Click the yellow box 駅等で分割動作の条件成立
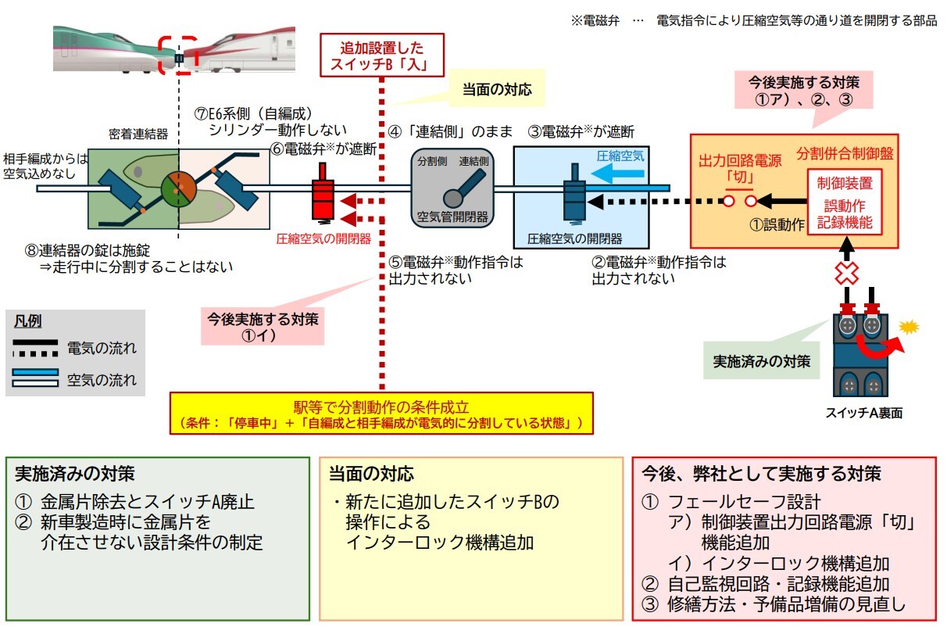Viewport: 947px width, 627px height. pos(381,414)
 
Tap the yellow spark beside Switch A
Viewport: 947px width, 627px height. pos(907,326)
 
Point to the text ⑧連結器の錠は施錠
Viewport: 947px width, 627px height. pos(87,250)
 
